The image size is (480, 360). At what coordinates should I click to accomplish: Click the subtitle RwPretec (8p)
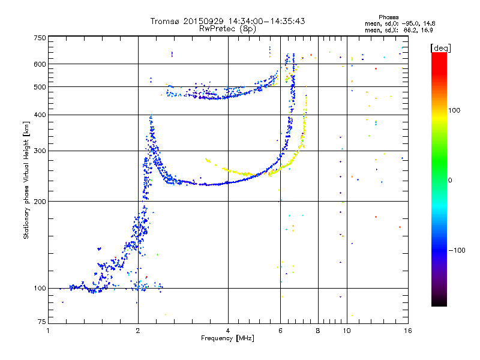[227, 29]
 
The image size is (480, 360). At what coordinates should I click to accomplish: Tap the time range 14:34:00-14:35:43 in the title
[266, 21]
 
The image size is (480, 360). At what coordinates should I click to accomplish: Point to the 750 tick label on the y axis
[40, 38]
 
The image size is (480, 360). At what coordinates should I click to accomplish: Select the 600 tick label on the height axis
[40, 64]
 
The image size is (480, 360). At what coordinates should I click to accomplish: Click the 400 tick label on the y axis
[40, 115]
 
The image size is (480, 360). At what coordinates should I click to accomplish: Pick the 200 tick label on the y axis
[40, 202]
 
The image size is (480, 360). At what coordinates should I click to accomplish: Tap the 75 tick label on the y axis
[42, 322]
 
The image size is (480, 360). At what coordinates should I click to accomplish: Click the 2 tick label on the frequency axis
[138, 331]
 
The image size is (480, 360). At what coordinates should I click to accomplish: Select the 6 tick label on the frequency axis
[280, 331]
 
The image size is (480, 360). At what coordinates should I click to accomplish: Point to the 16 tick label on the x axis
[408, 331]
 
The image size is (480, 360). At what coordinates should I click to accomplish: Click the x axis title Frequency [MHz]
[227, 338]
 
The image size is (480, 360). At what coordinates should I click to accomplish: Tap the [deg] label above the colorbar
[440, 48]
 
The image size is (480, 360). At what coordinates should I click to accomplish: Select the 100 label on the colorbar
[454, 110]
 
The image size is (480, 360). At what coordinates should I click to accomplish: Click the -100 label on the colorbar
[457, 250]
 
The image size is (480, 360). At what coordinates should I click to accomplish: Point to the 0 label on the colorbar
[450, 181]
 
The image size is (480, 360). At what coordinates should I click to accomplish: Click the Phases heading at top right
[388, 17]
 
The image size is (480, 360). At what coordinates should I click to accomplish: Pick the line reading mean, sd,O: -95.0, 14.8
[400, 23]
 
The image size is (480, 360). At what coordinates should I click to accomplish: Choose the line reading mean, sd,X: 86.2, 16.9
[398, 30]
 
